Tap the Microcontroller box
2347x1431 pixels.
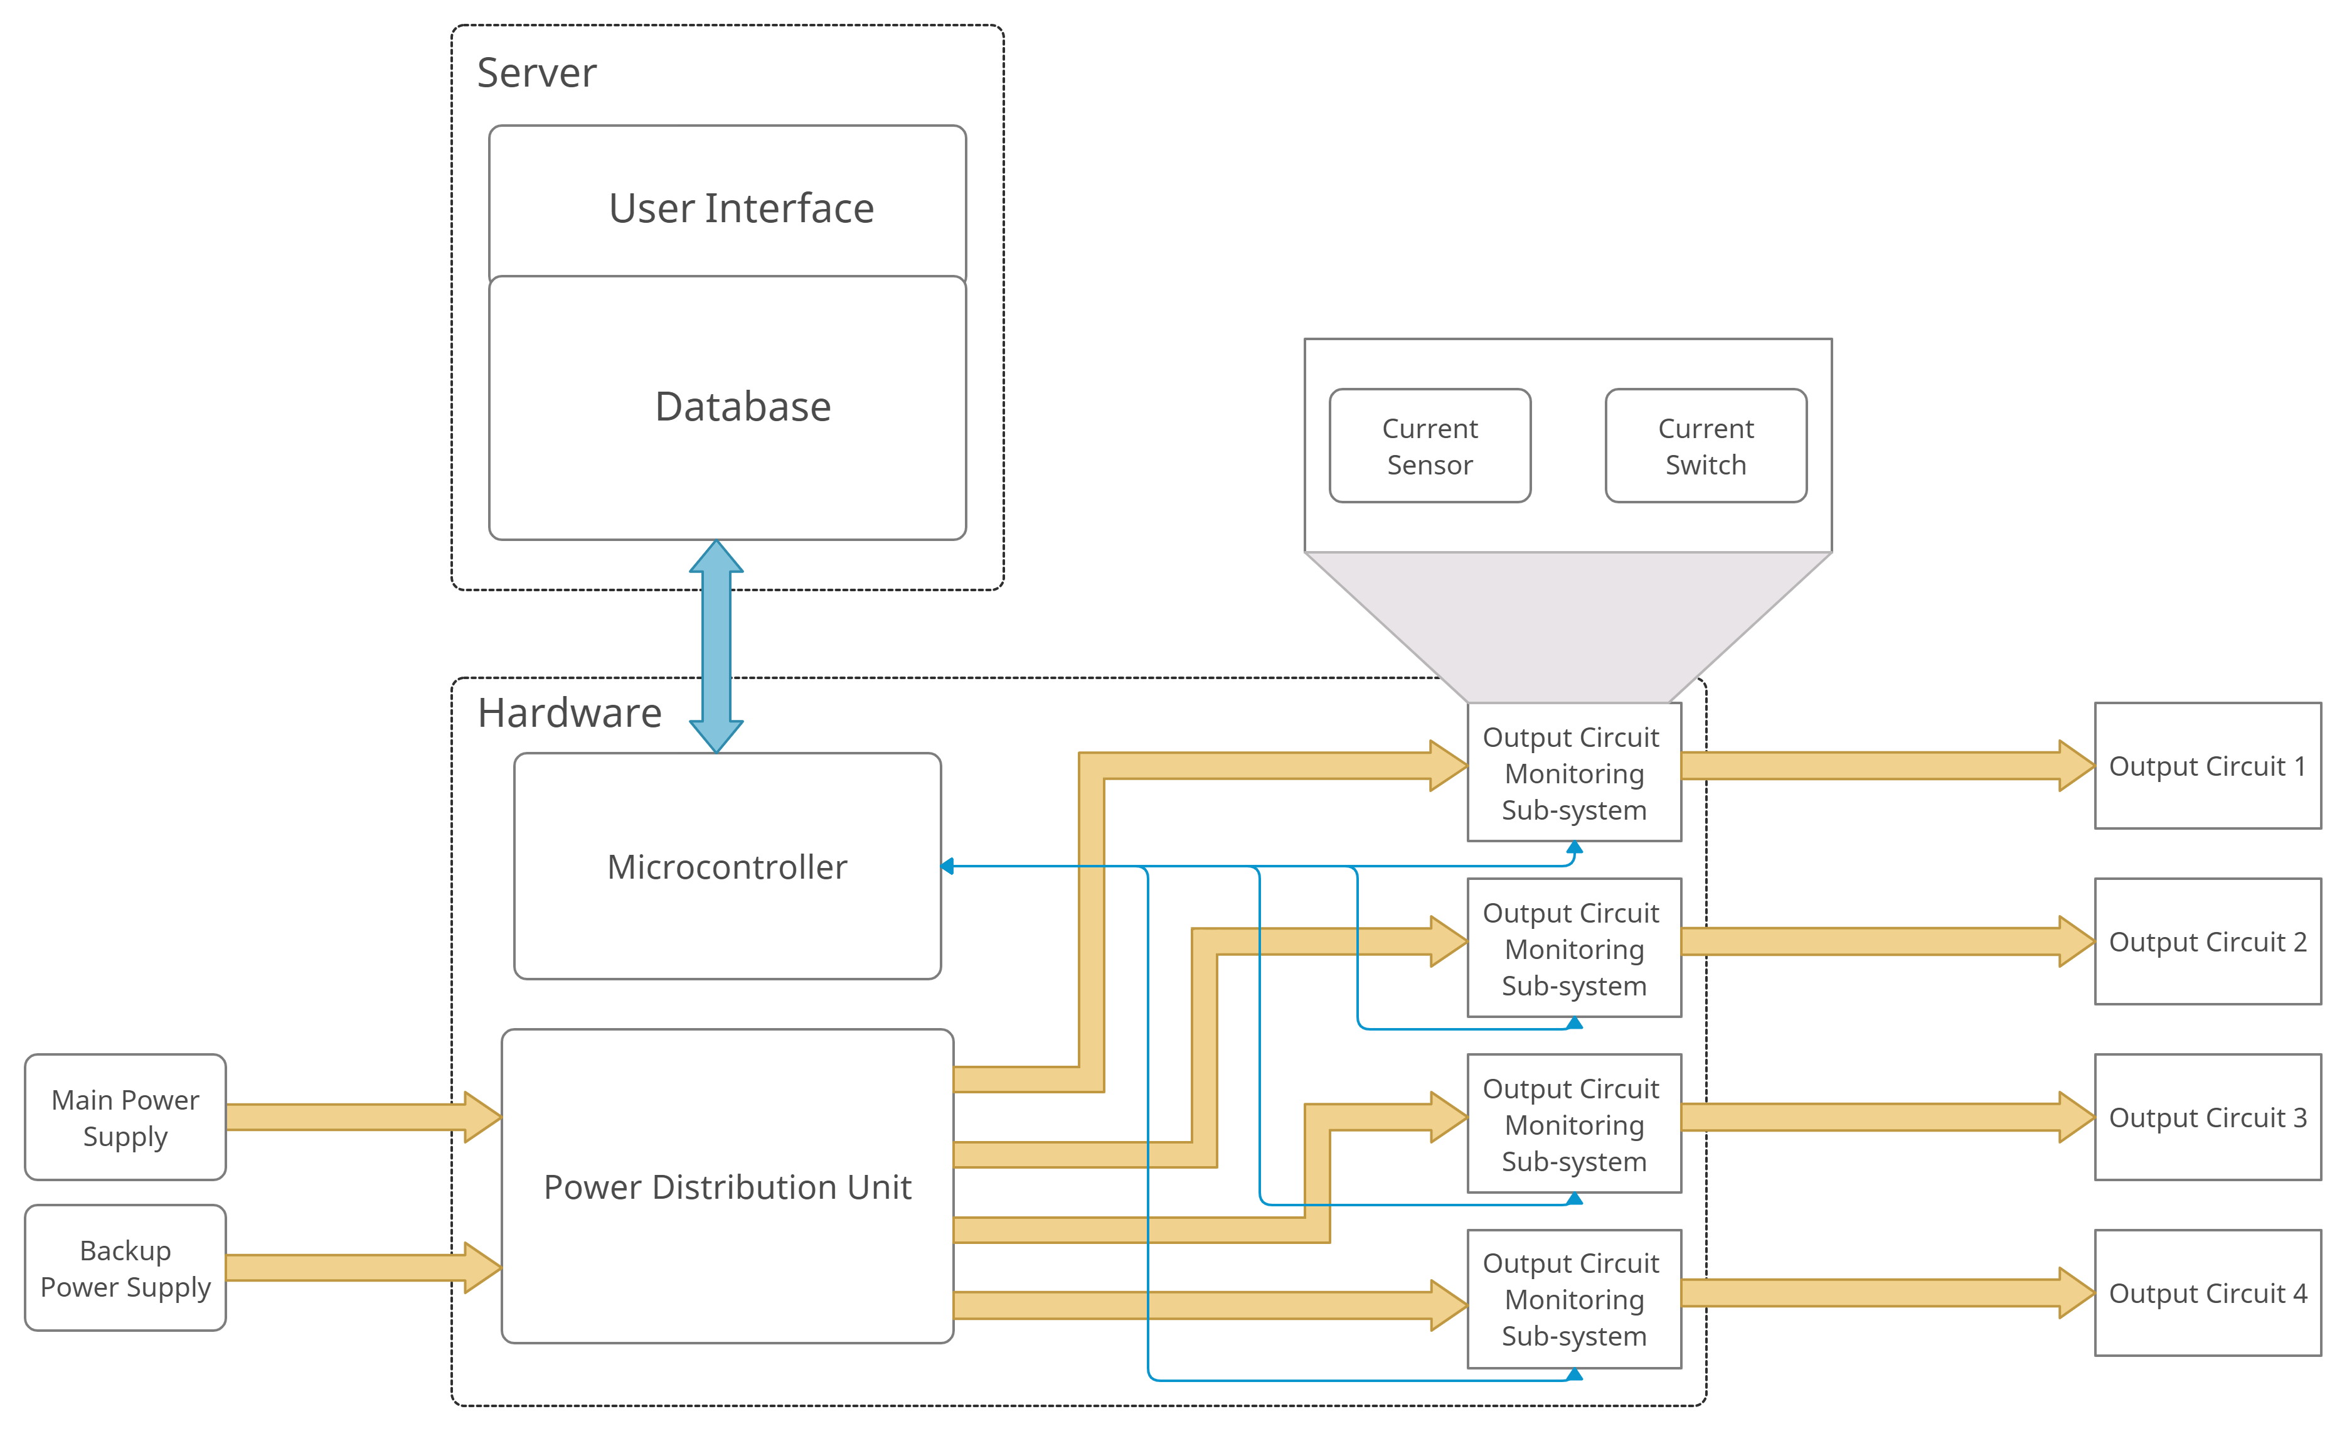pos(726,866)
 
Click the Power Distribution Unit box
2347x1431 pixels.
pos(726,1186)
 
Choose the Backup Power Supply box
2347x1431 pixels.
pos(125,1268)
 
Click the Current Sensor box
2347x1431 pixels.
pos(1430,446)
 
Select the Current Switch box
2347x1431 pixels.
pos(1706,446)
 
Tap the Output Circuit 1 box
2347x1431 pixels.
pos(2208,766)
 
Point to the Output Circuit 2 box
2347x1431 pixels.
pos(2208,941)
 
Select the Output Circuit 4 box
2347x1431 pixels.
pos(2208,1293)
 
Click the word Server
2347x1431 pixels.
pos(536,73)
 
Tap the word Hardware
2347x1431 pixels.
pos(570,712)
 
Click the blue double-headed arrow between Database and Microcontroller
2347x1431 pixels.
pos(716,646)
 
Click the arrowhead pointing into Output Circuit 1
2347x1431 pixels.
pos(2077,766)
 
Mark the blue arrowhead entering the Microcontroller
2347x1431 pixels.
pos(948,866)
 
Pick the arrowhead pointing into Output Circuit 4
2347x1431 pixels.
pos(2077,1293)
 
